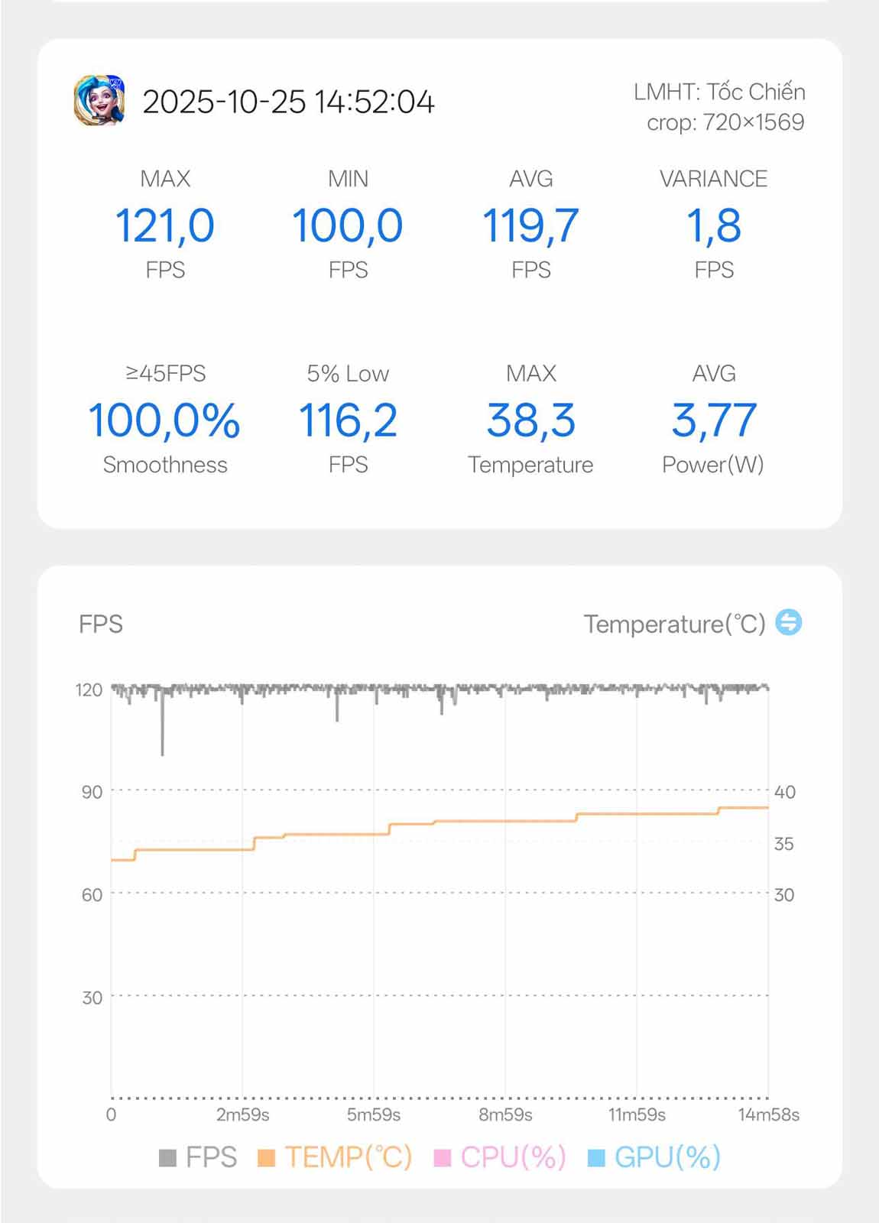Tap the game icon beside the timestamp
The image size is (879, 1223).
pyautogui.click(x=99, y=100)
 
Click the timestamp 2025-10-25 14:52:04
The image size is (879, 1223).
pyautogui.click(x=288, y=102)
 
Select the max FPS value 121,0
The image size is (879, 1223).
pyautogui.click(x=165, y=226)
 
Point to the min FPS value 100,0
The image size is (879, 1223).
pyautogui.click(x=348, y=226)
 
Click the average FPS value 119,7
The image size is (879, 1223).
pyautogui.click(x=530, y=226)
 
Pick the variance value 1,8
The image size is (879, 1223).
pyautogui.click(x=714, y=226)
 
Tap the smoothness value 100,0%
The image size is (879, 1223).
pyautogui.click(x=164, y=420)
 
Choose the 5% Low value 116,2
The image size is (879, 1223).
pyautogui.click(x=348, y=420)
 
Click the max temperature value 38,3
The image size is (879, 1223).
pyautogui.click(x=530, y=420)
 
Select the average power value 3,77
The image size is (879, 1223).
pyautogui.click(x=714, y=420)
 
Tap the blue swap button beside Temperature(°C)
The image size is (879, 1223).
pyautogui.click(x=789, y=622)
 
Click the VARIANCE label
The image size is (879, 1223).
pyautogui.click(x=714, y=179)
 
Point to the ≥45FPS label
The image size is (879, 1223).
pyautogui.click(x=165, y=374)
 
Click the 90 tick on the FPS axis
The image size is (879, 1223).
pyautogui.click(x=92, y=792)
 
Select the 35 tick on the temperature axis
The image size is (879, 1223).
pyautogui.click(x=784, y=844)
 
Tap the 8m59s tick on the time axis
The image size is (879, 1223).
pyautogui.click(x=505, y=1115)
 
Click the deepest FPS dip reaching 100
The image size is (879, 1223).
pyautogui.click(x=162, y=754)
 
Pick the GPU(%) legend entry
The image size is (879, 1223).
pyautogui.click(x=654, y=1157)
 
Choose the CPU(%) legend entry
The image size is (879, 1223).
pyautogui.click(x=500, y=1157)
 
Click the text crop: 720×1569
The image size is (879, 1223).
pyautogui.click(x=725, y=123)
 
